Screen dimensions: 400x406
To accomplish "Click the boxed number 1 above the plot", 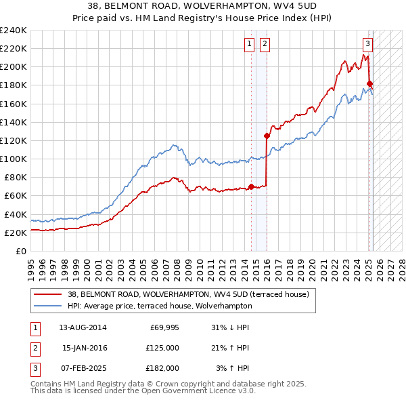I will click(x=249, y=45).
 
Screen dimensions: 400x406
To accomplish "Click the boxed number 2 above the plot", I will click(x=264, y=45).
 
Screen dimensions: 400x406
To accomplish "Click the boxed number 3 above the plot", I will click(x=367, y=45).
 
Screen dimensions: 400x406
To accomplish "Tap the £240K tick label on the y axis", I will click(x=14, y=31).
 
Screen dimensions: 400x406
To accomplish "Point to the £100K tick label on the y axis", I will click(x=14, y=159).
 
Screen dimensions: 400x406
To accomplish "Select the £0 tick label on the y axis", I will click(x=21, y=251).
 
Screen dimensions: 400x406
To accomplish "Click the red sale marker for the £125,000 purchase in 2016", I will click(x=267, y=136).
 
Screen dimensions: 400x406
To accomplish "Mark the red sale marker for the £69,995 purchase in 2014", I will click(x=251, y=186).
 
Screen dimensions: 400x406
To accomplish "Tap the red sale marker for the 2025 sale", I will click(x=369, y=84).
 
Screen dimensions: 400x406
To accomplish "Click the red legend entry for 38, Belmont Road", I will click(x=188, y=294).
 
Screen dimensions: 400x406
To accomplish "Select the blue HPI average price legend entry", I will click(x=182, y=306).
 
